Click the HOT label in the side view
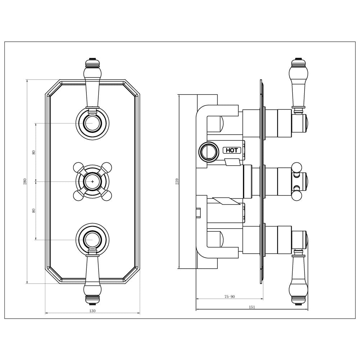tap(232, 150)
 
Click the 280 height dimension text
tap(25, 181)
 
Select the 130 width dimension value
tap(92, 311)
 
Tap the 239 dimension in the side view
tap(177, 181)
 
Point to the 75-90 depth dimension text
tap(229, 297)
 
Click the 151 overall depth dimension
tap(252, 307)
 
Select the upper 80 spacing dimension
tap(34, 152)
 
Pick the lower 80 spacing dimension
tap(34, 210)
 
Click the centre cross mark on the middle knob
tap(92, 181)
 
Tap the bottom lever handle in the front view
tap(92, 277)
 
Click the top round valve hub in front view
tap(92, 123)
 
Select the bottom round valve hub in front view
tap(92, 239)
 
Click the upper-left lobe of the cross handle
tap(78, 167)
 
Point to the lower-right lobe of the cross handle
tap(106, 195)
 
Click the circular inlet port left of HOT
tap(208, 151)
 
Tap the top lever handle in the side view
tap(298, 83)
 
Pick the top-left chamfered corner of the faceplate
tap(53, 87)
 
